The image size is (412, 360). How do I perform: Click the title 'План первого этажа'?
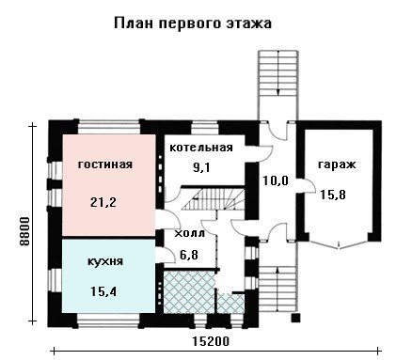(193, 24)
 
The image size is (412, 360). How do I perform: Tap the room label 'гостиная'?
(105, 164)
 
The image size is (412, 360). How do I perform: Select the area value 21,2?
(103, 202)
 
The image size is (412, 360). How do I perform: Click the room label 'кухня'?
(105, 261)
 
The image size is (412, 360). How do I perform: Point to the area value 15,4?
(103, 291)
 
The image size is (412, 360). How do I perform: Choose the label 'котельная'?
(201, 148)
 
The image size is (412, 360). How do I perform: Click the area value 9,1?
(201, 168)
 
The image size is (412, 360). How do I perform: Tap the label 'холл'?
(189, 233)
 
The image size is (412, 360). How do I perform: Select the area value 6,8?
(189, 255)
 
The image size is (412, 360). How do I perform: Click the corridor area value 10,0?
(276, 180)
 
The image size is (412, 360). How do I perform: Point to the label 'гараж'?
(337, 164)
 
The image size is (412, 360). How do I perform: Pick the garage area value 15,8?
(333, 195)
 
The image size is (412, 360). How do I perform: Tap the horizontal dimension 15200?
(211, 341)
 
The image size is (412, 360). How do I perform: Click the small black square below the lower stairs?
(295, 318)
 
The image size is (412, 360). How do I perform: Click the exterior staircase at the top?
(277, 86)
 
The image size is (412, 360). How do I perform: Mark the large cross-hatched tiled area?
(189, 292)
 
